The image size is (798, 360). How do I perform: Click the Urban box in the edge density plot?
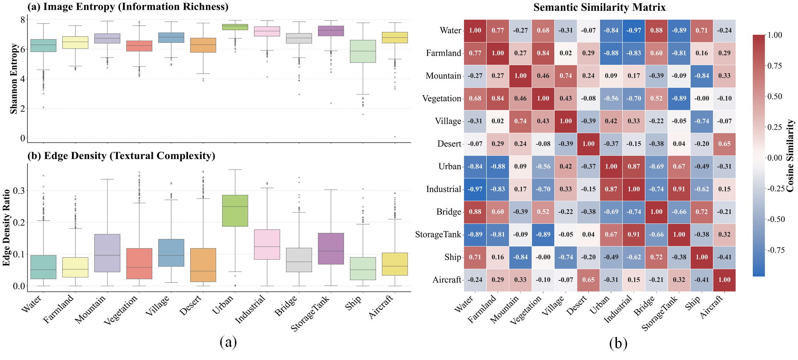[x=235, y=210]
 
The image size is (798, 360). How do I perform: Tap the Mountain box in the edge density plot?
[x=107, y=253]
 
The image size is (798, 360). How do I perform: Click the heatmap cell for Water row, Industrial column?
[x=634, y=30]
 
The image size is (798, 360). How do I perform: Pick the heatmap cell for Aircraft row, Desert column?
[x=588, y=280]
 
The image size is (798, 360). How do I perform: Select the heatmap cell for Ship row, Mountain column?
[x=520, y=257]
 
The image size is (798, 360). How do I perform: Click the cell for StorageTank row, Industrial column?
[x=634, y=234]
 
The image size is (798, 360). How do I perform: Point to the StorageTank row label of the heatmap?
[x=438, y=235]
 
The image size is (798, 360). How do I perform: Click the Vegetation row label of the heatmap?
[x=441, y=99]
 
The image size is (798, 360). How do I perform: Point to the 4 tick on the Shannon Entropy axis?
[x=22, y=79]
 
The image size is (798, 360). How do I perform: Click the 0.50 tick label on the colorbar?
[x=774, y=96]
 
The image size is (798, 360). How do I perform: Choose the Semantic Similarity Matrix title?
[x=599, y=7]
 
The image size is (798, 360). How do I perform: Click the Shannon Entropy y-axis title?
[x=14, y=79]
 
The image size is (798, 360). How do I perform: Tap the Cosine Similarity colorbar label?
[x=790, y=156]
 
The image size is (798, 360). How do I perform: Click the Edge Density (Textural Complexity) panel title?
[x=121, y=156]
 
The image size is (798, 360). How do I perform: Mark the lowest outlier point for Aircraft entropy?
[x=395, y=137]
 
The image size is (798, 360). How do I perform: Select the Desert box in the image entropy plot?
[x=203, y=45]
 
